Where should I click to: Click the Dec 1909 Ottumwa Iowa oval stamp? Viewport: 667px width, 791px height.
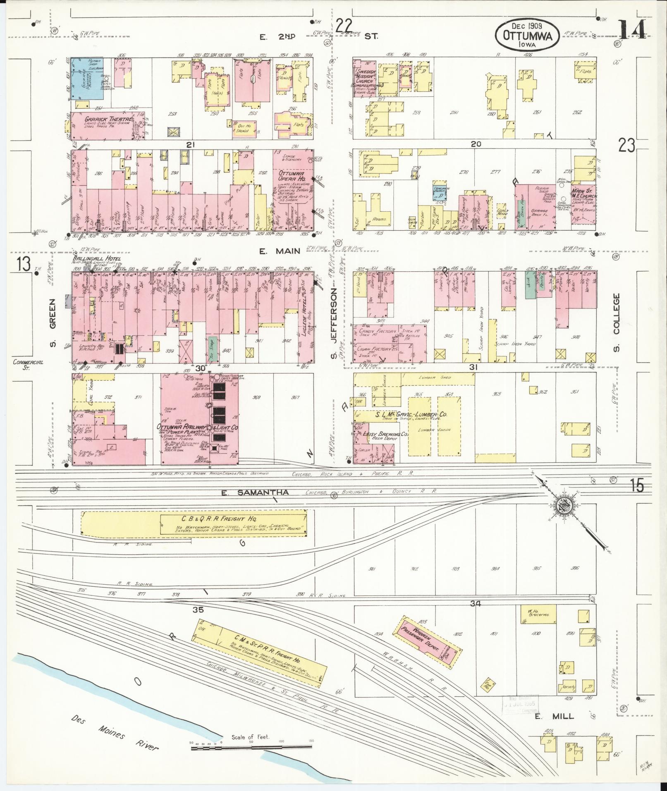click(x=527, y=35)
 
